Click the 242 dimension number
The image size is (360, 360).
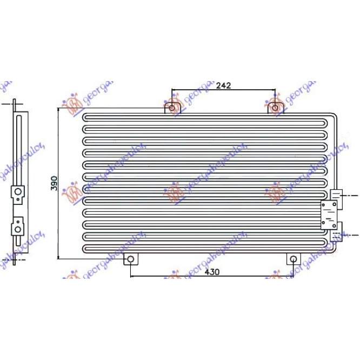tap(223, 85)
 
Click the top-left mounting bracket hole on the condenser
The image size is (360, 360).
tap(172, 108)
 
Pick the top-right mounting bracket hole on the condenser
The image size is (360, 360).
tap(276, 108)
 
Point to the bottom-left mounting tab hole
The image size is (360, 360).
tap(130, 260)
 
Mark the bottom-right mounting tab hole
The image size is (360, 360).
tap(293, 260)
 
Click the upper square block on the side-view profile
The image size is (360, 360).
tap(18, 192)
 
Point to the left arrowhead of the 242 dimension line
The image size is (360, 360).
tap(174, 89)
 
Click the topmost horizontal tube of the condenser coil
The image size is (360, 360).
tap(205, 117)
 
